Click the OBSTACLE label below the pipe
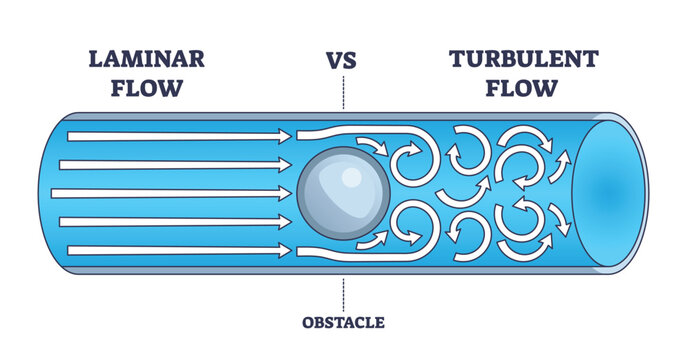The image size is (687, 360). click(x=343, y=322)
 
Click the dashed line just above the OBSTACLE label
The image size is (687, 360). click(x=343, y=294)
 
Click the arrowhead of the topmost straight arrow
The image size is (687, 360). click(x=282, y=135)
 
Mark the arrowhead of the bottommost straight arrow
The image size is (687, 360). click(x=282, y=250)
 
